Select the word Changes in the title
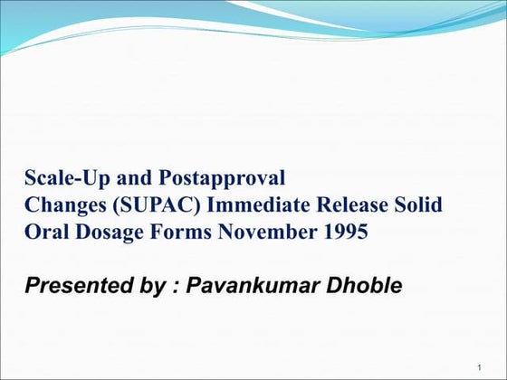62,205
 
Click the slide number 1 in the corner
477,367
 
